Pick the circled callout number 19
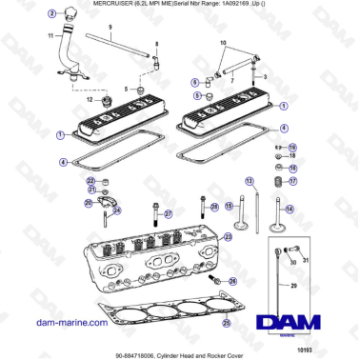(292, 147)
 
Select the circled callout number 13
(250, 180)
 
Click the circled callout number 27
(169, 212)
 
